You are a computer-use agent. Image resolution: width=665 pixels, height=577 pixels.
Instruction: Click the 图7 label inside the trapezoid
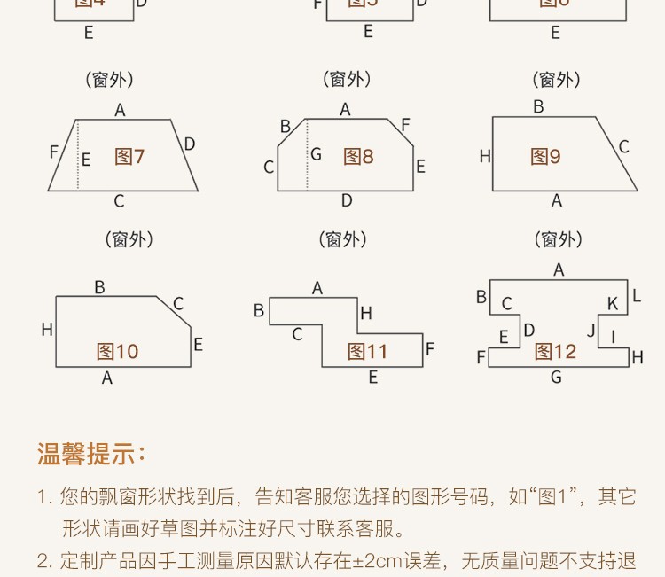tap(129, 157)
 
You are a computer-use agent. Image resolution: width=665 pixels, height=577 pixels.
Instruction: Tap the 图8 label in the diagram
tap(359, 157)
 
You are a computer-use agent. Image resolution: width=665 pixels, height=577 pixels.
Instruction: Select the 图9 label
tap(546, 157)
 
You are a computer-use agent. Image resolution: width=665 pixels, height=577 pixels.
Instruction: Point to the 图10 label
tap(118, 352)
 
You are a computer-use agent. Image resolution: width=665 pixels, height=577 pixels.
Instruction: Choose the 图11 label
tap(368, 352)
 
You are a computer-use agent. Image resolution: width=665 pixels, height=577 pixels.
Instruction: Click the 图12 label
tap(556, 352)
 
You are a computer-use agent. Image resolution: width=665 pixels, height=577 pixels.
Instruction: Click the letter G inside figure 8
tap(316, 154)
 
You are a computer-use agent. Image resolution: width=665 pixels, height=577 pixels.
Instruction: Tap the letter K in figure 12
tap(612, 304)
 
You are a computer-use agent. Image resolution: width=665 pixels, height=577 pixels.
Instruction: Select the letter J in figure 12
tap(591, 331)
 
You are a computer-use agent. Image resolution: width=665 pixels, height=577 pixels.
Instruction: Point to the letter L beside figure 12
tap(637, 296)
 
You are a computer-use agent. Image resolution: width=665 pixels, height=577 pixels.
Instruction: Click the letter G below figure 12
tap(556, 378)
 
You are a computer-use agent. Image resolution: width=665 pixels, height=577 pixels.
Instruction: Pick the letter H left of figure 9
tap(485, 157)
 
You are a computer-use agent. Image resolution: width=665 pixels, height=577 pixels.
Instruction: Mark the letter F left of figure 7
tap(54, 152)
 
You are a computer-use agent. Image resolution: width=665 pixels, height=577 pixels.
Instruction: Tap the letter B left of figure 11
tap(259, 310)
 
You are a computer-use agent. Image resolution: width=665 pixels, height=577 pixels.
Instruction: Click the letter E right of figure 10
tap(198, 344)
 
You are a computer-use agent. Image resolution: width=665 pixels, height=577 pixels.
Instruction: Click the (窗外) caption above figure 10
tap(129, 239)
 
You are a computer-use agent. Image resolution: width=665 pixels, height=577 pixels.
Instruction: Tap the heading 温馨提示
tap(91, 455)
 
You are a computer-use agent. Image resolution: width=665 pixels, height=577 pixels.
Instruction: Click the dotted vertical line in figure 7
tap(78, 155)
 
